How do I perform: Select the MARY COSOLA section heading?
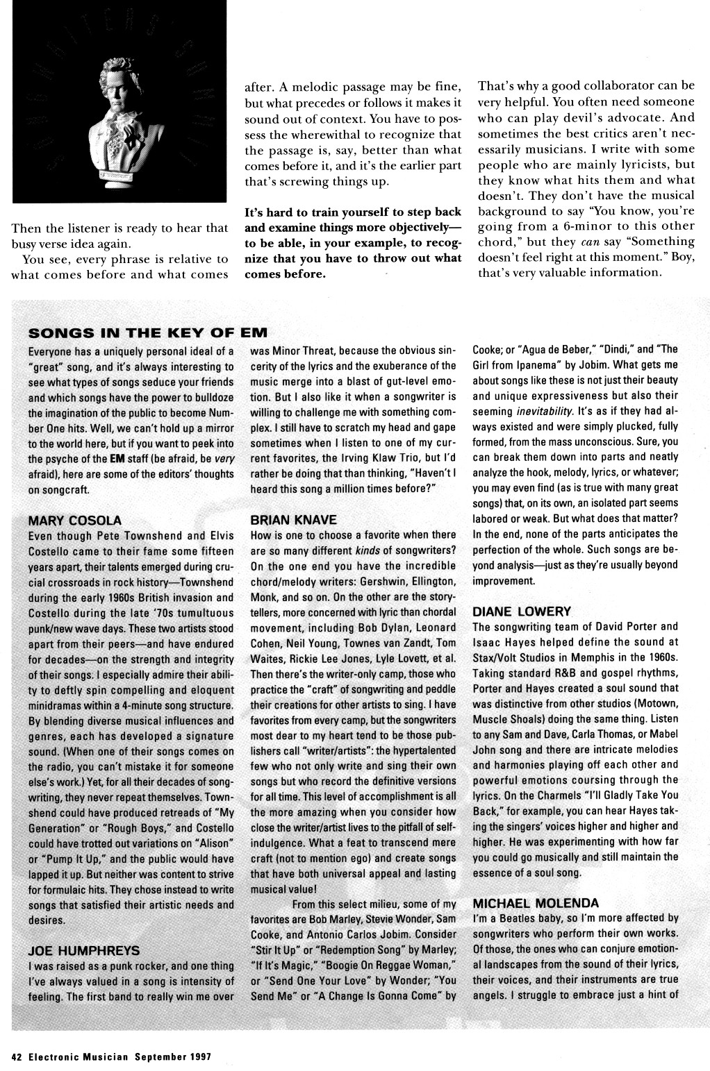click(75, 520)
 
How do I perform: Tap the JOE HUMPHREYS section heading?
click(83, 950)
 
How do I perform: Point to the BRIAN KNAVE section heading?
click(292, 520)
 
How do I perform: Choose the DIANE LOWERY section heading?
click(522, 612)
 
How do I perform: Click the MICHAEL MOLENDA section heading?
click(536, 903)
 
